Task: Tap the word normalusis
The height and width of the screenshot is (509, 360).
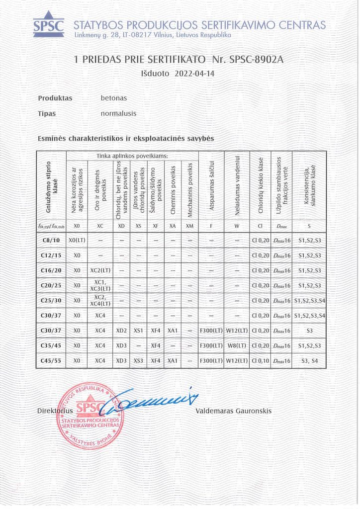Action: (118, 113)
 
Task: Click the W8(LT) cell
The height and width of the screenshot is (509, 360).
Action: (237, 345)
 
